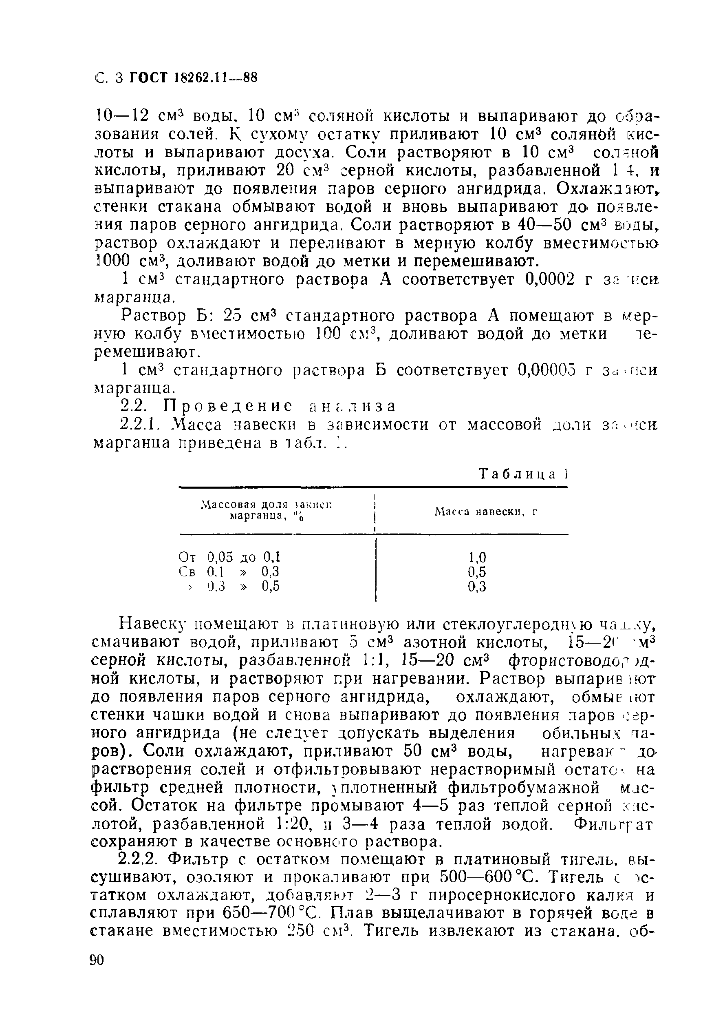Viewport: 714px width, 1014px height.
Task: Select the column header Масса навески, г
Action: [486, 512]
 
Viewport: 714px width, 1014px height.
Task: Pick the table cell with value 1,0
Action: [477, 557]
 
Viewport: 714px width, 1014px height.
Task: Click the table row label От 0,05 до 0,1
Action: [230, 557]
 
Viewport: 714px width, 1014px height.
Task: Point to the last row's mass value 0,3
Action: [477, 587]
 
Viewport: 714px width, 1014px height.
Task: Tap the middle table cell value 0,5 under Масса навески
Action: [477, 572]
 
